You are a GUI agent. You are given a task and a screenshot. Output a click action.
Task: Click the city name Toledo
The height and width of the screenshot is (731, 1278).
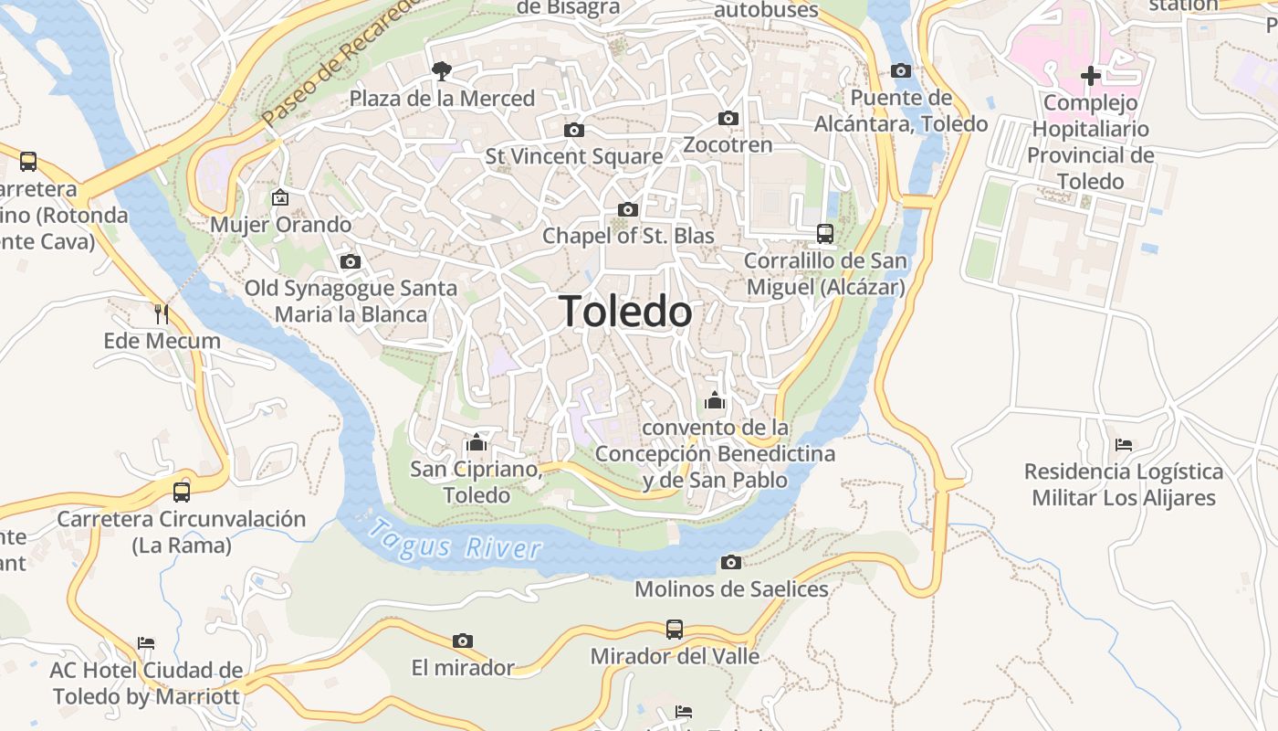[625, 312]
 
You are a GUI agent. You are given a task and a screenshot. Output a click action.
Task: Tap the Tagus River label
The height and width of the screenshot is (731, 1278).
[456, 539]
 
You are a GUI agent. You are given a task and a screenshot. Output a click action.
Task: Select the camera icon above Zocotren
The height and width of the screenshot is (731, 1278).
[728, 118]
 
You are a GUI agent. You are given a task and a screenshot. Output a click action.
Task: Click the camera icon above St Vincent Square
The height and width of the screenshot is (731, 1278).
[573, 130]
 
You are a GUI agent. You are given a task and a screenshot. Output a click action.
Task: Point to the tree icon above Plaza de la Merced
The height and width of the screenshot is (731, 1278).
[442, 70]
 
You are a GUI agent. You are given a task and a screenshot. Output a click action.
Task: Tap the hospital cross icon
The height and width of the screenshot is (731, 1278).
[1090, 75]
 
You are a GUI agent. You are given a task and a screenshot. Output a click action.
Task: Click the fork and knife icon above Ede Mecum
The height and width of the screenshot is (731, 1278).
[162, 314]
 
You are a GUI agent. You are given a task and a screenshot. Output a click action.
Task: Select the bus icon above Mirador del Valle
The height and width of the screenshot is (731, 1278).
[674, 629]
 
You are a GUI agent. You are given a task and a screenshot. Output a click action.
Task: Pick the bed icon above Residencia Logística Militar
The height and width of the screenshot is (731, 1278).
[1124, 445]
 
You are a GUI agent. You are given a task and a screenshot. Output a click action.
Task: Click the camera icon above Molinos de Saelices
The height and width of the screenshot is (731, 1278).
[730, 562]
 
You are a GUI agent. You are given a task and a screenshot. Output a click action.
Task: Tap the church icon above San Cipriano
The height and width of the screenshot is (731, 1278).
[476, 443]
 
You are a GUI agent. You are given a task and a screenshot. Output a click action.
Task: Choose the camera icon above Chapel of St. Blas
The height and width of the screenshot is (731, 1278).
[627, 209]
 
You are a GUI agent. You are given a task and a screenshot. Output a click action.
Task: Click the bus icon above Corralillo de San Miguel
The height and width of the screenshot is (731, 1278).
[825, 233]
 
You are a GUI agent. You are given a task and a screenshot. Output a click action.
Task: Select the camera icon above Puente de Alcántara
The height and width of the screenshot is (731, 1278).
[900, 71]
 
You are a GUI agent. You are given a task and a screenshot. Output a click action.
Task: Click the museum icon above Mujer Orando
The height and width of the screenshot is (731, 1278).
[280, 196]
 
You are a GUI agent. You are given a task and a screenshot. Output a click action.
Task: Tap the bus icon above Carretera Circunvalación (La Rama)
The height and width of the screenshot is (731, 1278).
[181, 492]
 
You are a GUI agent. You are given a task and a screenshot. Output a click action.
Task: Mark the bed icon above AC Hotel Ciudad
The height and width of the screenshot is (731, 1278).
[146, 643]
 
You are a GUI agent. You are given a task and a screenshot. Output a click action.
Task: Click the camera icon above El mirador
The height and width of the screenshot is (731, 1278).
[463, 641]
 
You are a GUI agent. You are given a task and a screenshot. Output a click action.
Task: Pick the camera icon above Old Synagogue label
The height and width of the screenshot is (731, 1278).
[350, 261]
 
